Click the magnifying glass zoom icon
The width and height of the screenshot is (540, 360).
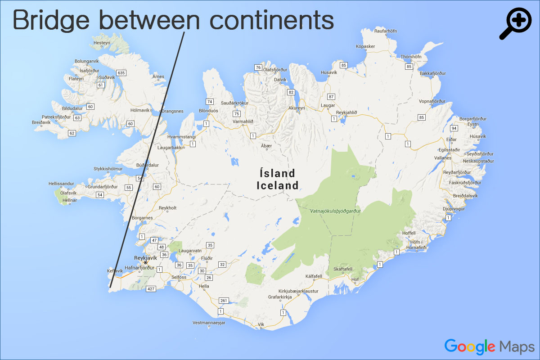516,23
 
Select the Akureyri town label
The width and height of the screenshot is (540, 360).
297,108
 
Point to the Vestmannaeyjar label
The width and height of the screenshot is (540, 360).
208,323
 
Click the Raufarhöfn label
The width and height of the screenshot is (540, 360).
386,31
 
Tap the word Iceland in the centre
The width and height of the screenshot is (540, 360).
278,185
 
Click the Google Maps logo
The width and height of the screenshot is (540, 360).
489,346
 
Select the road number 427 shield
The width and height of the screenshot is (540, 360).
152,288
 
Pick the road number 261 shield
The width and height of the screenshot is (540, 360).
224,300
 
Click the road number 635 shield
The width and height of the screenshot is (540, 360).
121,73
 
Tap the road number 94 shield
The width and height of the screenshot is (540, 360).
454,128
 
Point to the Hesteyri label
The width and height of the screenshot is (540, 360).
101,43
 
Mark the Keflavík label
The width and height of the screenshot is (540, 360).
115,271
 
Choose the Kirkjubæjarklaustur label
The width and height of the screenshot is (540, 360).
298,291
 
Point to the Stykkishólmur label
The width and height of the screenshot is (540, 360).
108,169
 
